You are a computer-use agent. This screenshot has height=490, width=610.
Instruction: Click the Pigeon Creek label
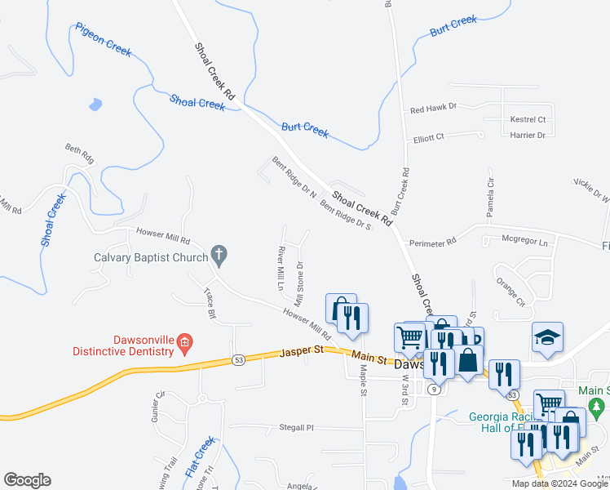pyautogui.click(x=104, y=39)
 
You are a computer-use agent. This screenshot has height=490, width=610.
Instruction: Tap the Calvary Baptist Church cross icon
pyautogui.click(x=218, y=255)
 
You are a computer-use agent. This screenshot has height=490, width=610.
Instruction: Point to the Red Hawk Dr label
pyautogui.click(x=434, y=108)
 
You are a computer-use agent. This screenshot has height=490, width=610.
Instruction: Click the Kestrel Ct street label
pyautogui.click(x=528, y=120)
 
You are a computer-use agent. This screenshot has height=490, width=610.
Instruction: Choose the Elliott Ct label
pyautogui.click(x=429, y=138)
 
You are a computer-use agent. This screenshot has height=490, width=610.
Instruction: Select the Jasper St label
pyautogui.click(x=302, y=352)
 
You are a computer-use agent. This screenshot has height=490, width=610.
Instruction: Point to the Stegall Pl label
pyautogui.click(x=297, y=427)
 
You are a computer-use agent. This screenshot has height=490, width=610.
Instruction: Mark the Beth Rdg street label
pyautogui.click(x=80, y=154)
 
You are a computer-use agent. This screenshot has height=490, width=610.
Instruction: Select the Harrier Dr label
pyautogui.click(x=528, y=136)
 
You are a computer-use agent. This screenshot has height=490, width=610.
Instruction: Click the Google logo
pyautogui.click(x=27, y=480)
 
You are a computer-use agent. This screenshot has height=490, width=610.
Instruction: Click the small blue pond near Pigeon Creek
pyautogui.click(x=95, y=105)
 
